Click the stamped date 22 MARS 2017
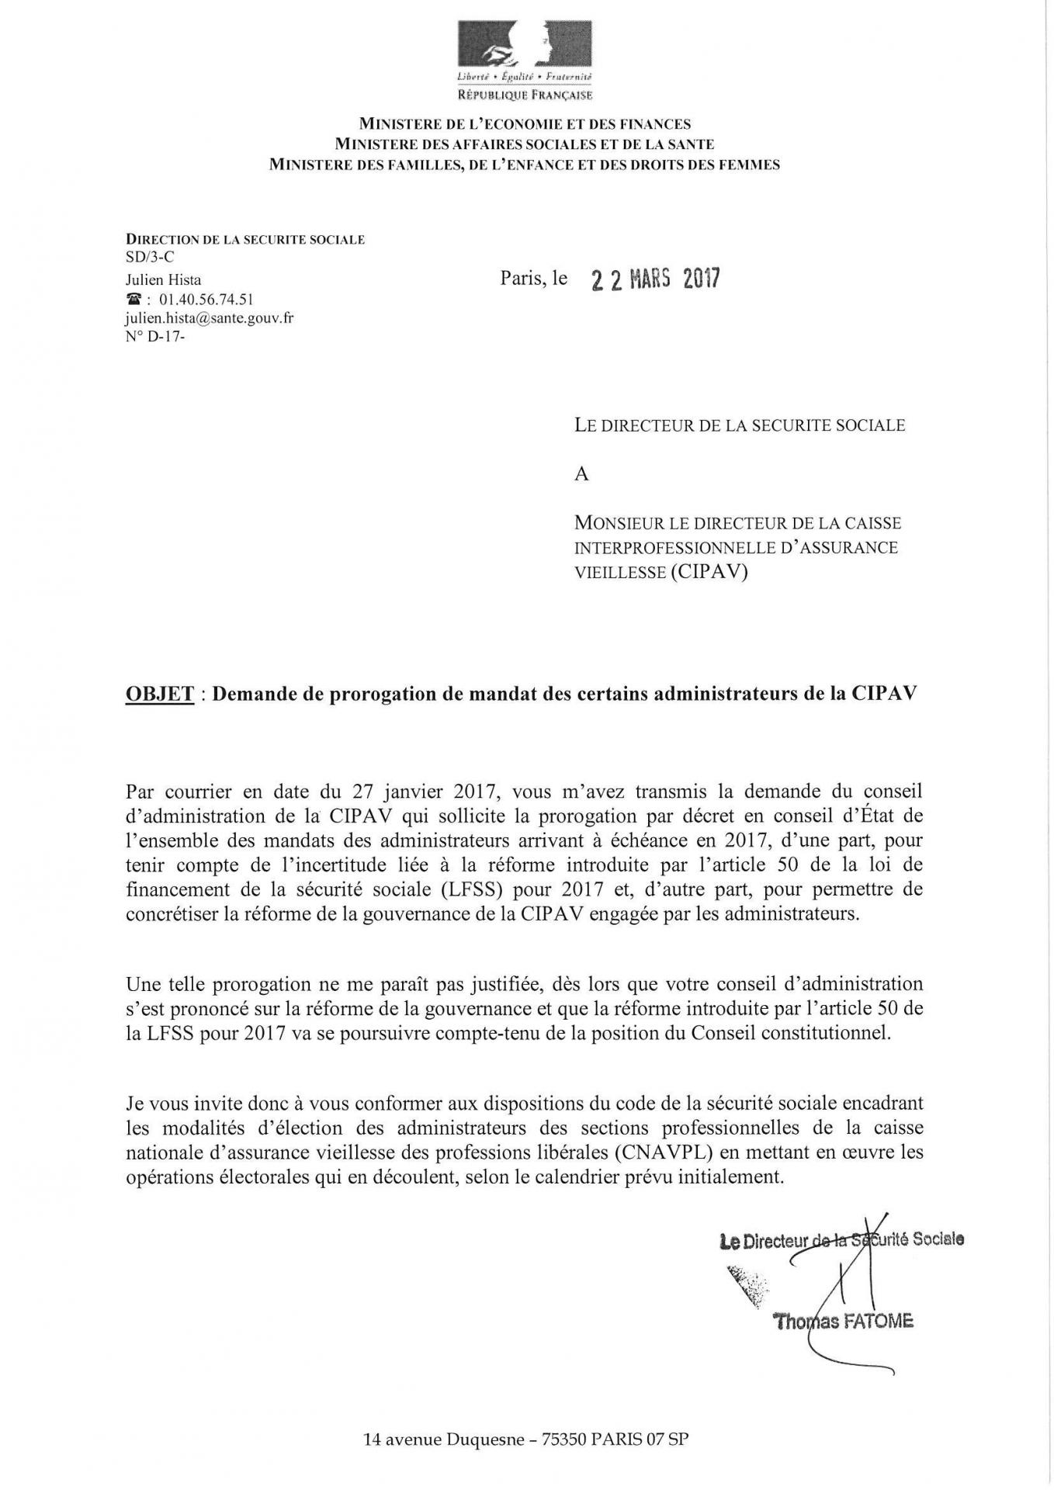click(x=655, y=279)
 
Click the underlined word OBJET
click(x=159, y=694)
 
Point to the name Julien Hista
click(x=163, y=280)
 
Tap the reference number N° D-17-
click(x=155, y=338)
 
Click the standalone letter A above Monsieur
click(x=582, y=474)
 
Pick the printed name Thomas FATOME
click(x=843, y=1322)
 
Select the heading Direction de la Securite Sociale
click(x=245, y=240)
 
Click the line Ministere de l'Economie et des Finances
click(x=525, y=124)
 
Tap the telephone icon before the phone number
click(x=133, y=300)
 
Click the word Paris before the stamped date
click(x=523, y=278)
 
